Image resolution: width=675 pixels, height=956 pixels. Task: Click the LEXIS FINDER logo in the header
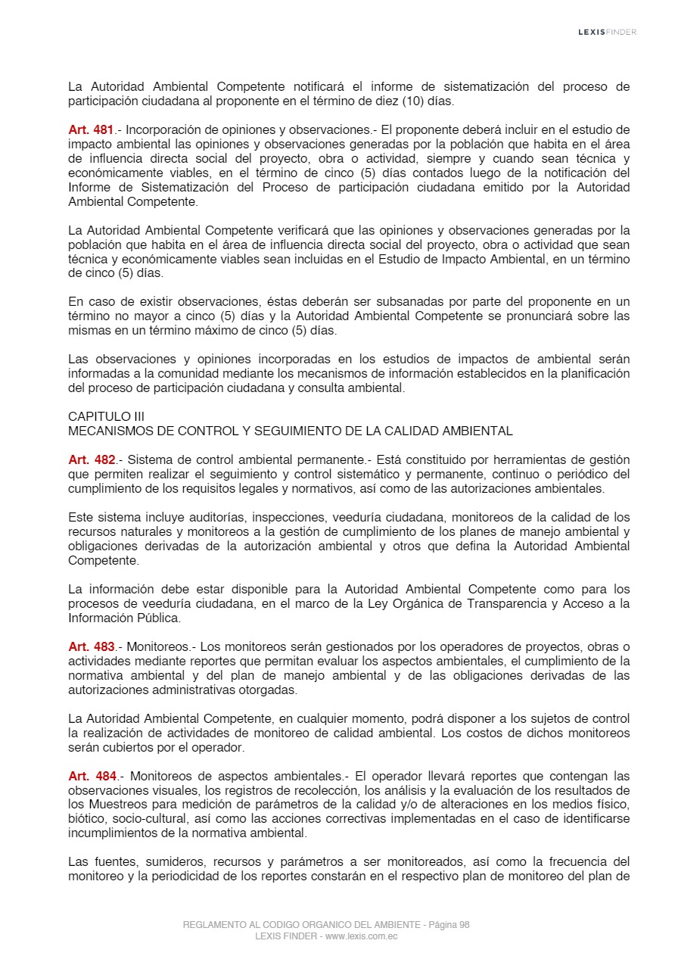607,32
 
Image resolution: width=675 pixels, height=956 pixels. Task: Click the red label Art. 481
91,130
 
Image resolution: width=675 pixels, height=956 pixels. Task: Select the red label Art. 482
91,460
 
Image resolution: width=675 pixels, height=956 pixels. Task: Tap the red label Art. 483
91,647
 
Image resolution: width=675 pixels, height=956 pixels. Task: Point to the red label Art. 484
91,777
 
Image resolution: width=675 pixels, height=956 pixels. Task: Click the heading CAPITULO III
106,417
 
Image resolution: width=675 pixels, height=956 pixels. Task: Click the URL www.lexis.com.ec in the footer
361,936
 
